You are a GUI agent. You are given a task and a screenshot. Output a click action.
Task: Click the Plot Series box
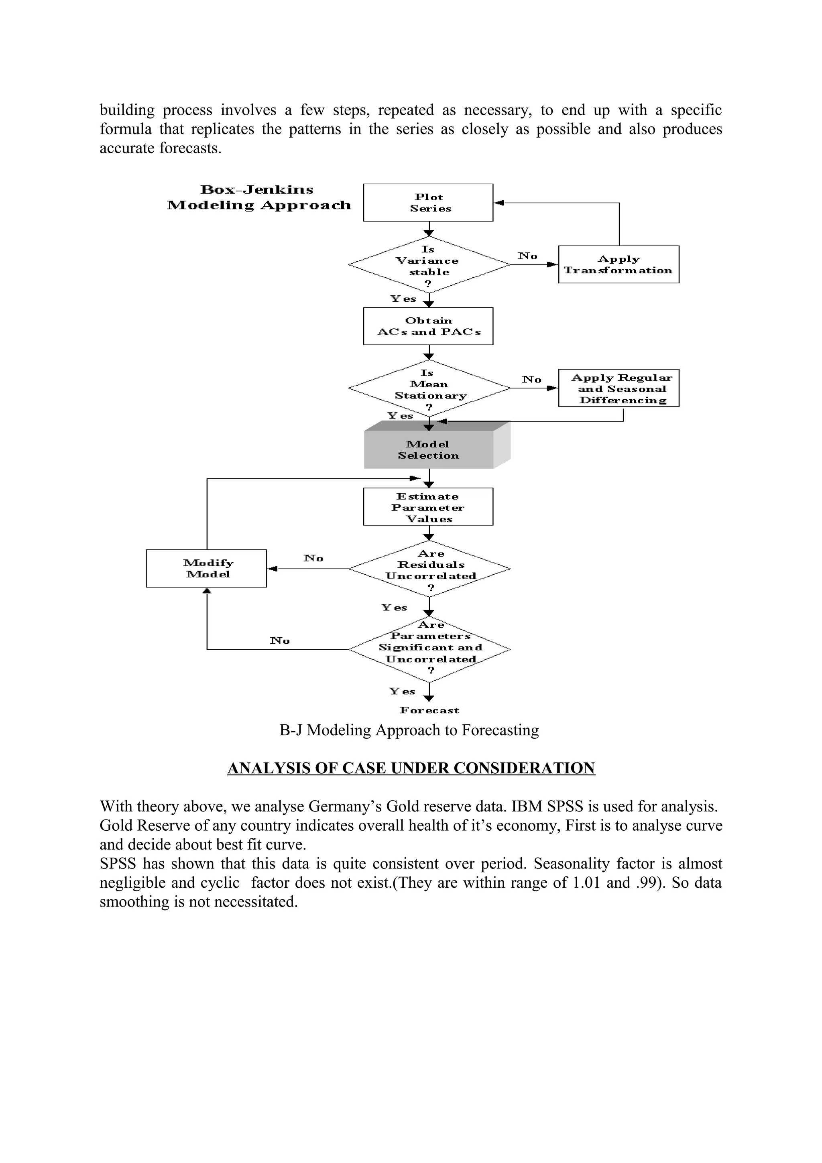click(428, 203)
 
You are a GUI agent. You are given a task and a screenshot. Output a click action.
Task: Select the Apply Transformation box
click(619, 264)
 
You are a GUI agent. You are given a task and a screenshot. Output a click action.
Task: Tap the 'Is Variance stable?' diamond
click(429, 265)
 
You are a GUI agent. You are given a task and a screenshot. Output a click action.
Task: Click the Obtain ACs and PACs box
click(428, 326)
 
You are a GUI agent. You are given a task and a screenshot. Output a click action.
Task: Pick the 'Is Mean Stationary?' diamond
click(429, 388)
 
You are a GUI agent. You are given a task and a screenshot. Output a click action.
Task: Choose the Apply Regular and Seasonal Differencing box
click(619, 388)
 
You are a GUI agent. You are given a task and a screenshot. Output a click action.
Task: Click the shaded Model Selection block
click(429, 450)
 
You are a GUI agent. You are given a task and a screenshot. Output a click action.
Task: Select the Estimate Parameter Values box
click(428, 507)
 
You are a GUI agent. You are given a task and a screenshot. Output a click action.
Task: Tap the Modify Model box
click(206, 568)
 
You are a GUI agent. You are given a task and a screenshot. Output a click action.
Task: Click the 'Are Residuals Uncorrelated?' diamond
click(429, 569)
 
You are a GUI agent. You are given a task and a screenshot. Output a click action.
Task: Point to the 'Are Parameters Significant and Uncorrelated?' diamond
click(429, 649)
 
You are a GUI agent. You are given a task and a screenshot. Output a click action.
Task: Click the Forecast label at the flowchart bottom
click(429, 710)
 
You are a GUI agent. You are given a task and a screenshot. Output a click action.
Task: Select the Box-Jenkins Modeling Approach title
click(258, 197)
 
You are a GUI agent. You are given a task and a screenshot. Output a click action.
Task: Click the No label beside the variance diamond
click(527, 256)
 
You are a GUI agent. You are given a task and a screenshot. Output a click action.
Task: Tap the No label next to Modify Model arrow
click(313, 558)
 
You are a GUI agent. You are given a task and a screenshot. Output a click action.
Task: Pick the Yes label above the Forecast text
click(402, 691)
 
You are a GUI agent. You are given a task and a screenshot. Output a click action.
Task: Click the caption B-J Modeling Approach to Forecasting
click(409, 730)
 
